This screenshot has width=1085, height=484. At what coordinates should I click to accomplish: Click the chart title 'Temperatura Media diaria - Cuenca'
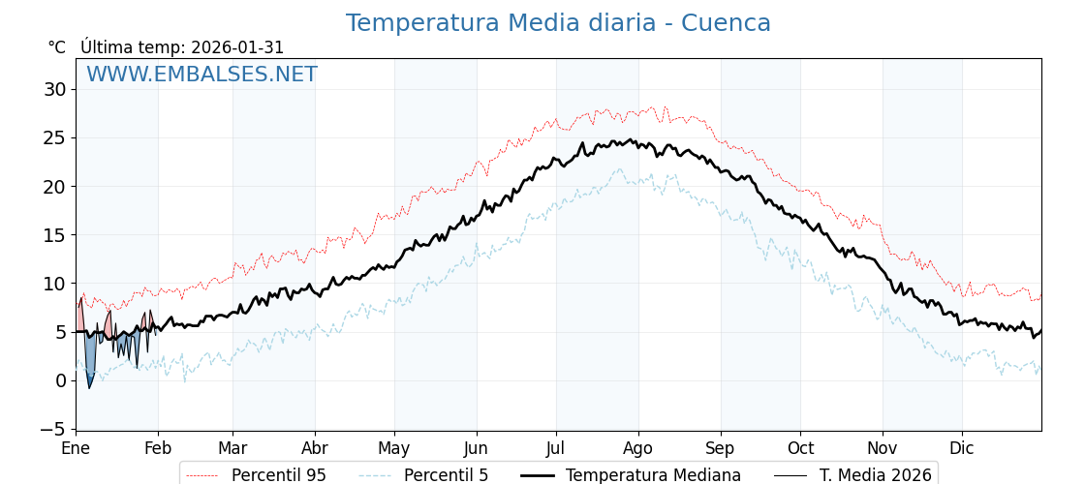(x=558, y=23)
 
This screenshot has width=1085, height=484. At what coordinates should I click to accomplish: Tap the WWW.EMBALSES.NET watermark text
(x=201, y=75)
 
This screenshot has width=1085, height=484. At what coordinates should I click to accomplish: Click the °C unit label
(x=57, y=47)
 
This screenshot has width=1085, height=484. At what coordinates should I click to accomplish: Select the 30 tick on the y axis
(x=54, y=89)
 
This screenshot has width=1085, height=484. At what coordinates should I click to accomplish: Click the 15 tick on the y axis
(x=54, y=235)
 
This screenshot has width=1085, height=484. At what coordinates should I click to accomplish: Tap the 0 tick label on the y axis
(x=60, y=380)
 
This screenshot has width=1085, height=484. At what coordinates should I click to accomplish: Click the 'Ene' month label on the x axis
(x=76, y=448)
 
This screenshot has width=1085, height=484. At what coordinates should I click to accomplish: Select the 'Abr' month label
(x=315, y=448)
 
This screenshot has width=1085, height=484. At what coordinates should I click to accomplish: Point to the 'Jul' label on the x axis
(x=556, y=448)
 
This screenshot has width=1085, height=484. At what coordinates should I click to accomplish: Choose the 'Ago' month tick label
(x=638, y=448)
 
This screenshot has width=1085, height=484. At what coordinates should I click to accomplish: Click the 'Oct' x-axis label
(x=800, y=448)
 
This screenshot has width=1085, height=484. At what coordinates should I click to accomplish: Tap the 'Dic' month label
(x=962, y=448)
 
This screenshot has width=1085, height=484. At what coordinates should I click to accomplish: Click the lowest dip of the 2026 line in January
(x=90, y=388)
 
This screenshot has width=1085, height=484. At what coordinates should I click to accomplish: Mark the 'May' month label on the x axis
(x=394, y=448)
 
